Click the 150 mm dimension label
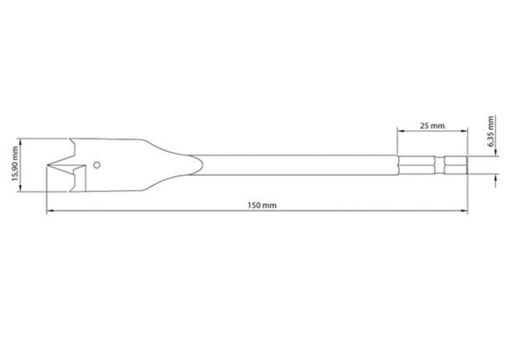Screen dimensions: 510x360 [x=262, y=206]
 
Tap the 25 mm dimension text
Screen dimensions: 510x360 [x=432, y=126]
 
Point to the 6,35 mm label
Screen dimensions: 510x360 [x=491, y=131]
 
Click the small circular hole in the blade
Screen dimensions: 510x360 [x=97, y=165]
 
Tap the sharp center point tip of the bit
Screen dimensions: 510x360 [x=47, y=166]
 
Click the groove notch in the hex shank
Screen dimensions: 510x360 [x=439, y=166]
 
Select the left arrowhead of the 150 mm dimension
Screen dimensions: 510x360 [x=50, y=212]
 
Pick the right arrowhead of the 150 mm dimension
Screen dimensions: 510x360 [x=465, y=212]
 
